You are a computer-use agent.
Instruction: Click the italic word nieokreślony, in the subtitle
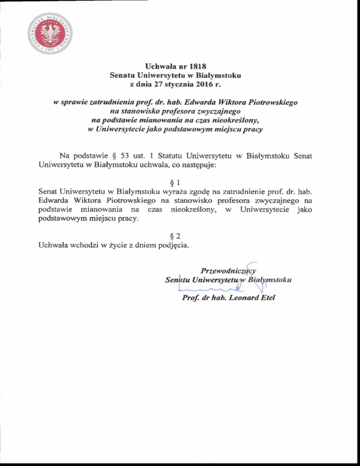click(234, 120)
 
